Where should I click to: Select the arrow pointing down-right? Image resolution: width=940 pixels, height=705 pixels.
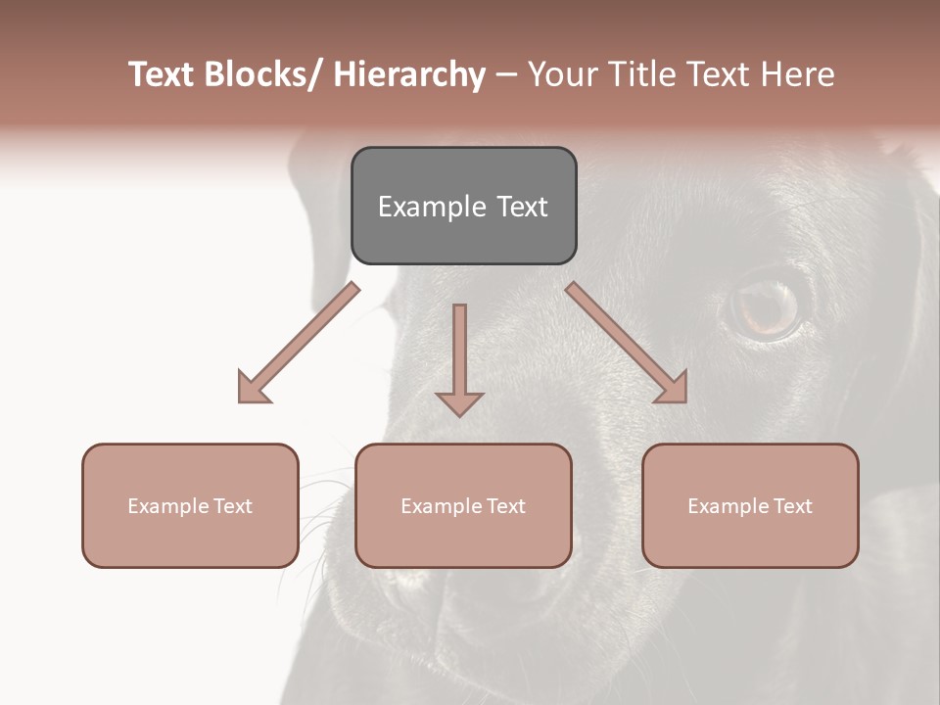click(x=627, y=343)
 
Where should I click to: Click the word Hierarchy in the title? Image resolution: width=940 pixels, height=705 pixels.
click(x=409, y=74)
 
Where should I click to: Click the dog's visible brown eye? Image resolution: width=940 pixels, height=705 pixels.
click(x=767, y=306)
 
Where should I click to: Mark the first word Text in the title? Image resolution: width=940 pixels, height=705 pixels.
click(x=164, y=74)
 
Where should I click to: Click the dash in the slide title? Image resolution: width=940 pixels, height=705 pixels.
click(x=506, y=76)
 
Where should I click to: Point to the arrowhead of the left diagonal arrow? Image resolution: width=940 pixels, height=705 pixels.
click(x=252, y=389)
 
